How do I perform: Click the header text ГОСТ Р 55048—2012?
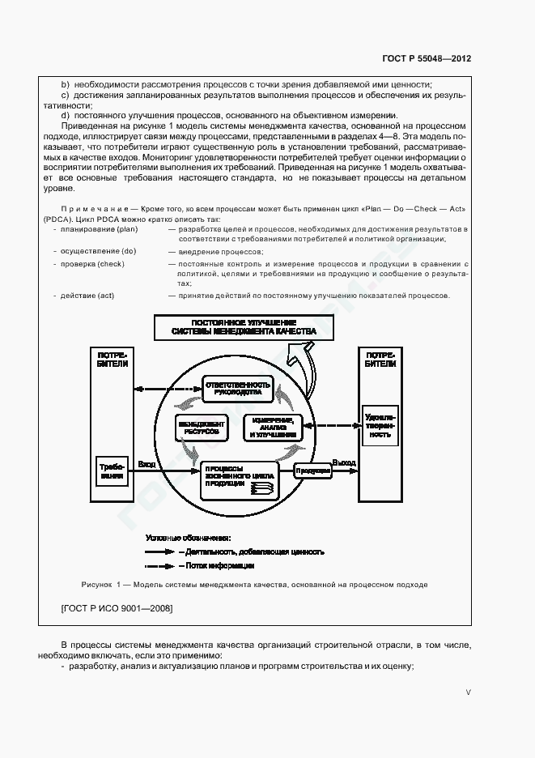point(426,58)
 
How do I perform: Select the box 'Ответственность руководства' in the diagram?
point(234,386)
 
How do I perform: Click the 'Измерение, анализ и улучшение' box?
point(273,428)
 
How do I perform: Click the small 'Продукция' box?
point(312,470)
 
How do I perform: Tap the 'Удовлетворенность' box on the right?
point(380,424)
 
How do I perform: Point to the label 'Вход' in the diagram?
point(146,464)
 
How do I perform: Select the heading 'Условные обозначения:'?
point(188,538)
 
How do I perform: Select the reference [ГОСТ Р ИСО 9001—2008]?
point(117,607)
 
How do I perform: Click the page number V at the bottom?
point(469,692)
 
